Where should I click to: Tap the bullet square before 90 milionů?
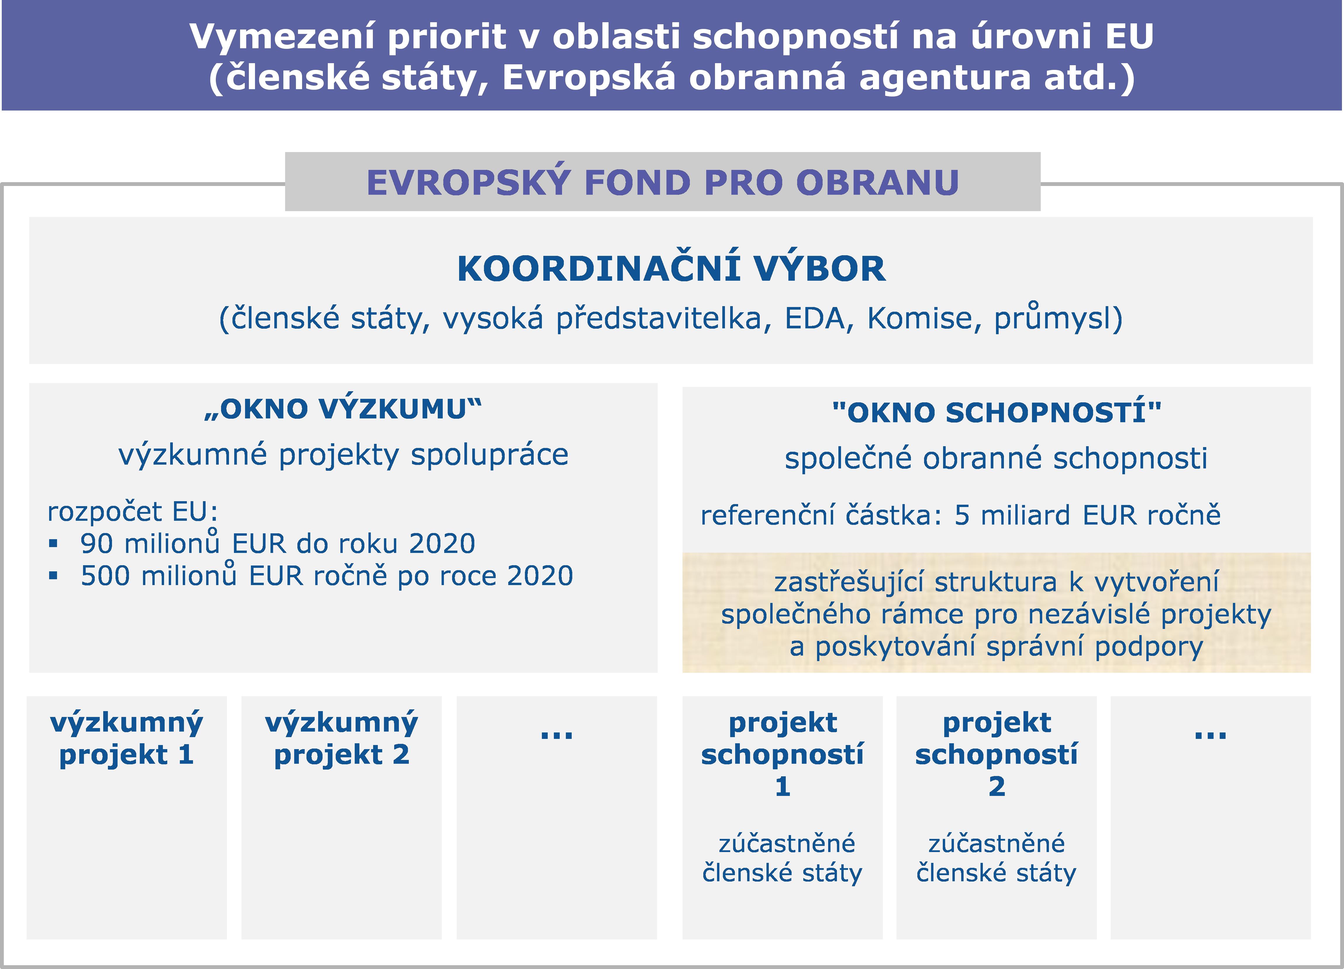pos(53,543)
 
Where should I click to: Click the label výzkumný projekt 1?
pos(127,739)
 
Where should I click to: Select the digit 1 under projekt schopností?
pos(783,787)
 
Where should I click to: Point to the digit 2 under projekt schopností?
pos(997,787)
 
